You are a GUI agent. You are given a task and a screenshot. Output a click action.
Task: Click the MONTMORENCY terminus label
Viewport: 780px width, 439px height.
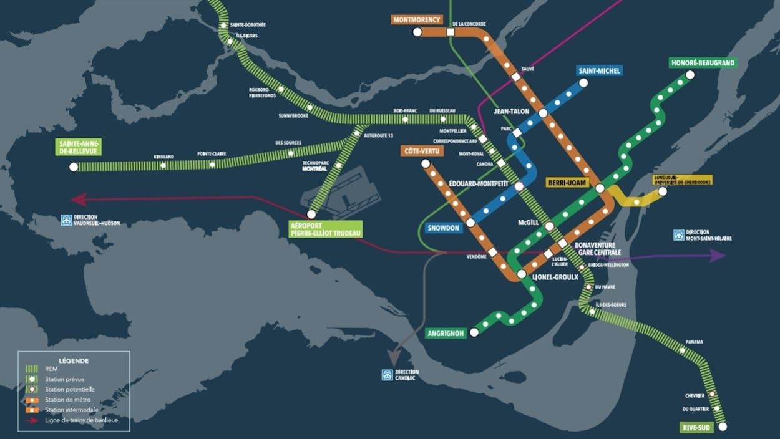point(416,19)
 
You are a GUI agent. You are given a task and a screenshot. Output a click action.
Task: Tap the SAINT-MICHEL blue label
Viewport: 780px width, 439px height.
point(599,70)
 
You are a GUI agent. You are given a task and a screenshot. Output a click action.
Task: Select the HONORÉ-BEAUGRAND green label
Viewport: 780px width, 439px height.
point(703,63)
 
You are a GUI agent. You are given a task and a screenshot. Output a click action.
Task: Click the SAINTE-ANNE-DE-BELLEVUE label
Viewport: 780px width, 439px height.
point(77,147)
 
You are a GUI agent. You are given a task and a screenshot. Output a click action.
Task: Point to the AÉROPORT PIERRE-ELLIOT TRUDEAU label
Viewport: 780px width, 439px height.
point(325,229)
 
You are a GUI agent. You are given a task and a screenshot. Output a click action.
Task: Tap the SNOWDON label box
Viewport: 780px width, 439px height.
point(444,228)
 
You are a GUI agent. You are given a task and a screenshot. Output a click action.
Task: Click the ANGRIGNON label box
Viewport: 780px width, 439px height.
point(446,334)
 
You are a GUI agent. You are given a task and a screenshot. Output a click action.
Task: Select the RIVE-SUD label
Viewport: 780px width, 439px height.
point(696,428)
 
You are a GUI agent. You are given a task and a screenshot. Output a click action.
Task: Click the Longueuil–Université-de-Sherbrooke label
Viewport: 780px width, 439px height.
point(682,180)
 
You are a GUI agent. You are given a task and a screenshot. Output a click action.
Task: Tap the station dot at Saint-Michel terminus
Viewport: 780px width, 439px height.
point(583,82)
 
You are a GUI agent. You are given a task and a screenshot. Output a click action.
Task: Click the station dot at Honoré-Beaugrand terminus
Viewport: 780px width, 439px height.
point(690,75)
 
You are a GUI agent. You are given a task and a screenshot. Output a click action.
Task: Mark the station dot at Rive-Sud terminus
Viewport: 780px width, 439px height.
point(723,427)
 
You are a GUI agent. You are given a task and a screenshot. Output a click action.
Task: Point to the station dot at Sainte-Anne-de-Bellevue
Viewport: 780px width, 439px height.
point(74,166)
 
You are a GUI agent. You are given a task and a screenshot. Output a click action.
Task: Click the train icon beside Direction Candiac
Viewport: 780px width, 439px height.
point(388,375)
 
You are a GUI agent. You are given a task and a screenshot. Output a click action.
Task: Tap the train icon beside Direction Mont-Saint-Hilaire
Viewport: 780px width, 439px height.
point(679,235)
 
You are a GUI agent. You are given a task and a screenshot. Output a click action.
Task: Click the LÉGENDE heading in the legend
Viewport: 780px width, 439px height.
point(74,360)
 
